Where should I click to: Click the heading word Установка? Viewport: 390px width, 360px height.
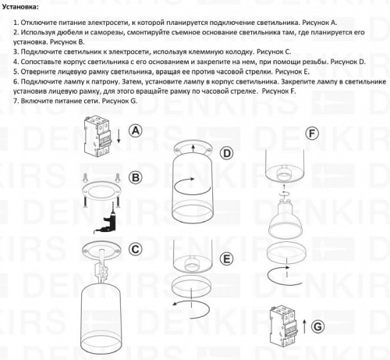click(25, 6)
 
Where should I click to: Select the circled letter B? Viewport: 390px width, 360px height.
click(136, 179)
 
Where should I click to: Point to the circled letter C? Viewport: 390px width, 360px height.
click(136, 249)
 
